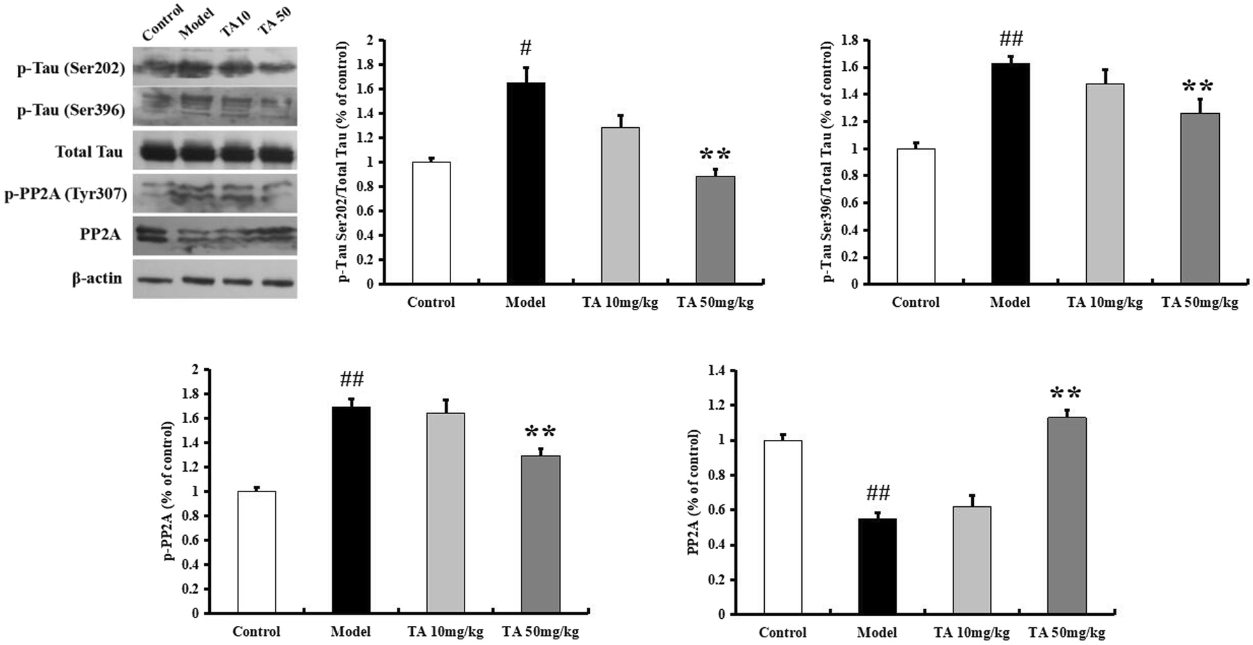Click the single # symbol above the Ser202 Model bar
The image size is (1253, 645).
525,47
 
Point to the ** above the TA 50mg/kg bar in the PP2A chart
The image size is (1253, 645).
1065,394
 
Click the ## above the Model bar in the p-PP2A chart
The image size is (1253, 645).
351,380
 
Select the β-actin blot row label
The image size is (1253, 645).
97,279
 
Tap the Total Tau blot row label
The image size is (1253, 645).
88,152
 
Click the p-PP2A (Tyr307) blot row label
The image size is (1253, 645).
66,193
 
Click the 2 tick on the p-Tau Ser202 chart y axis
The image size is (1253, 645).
369,40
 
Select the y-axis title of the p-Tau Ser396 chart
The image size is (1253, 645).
827,162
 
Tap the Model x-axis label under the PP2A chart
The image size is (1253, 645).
876,632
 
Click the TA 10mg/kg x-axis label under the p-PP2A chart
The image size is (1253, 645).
445,632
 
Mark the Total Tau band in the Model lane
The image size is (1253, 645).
197,153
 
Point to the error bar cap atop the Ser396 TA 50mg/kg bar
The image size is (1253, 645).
1199,98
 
